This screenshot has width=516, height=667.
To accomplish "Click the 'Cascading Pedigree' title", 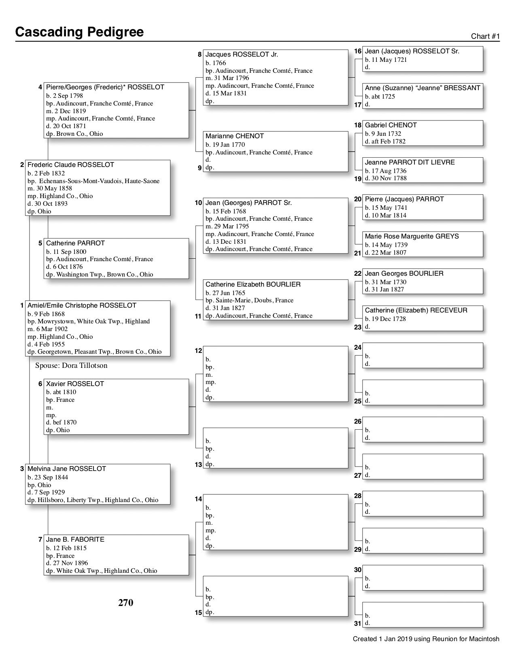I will point(79,32).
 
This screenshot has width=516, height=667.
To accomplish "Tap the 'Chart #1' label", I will point(485,36).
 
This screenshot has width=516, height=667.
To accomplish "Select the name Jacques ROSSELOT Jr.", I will point(242,55).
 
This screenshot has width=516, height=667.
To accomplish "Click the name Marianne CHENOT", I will point(235,136).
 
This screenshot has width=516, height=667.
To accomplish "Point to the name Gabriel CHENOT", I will point(391,125).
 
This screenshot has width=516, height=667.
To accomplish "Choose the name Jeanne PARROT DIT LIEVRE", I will point(410,163).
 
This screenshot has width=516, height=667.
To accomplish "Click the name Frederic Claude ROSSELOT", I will point(71,165).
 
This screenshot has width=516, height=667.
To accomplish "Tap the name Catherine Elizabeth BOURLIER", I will point(253,285).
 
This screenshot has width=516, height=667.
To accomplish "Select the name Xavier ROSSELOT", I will point(75,384).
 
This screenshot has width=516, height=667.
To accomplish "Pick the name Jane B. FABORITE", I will point(75,540).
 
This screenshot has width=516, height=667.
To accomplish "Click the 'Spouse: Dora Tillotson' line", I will point(71,366).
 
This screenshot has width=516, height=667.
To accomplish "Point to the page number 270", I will point(125,603).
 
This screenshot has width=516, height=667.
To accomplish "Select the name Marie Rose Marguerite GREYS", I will point(412,236).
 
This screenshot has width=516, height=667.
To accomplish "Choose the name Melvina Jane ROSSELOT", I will point(67,469).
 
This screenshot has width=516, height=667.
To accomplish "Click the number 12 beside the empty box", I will point(198,351).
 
